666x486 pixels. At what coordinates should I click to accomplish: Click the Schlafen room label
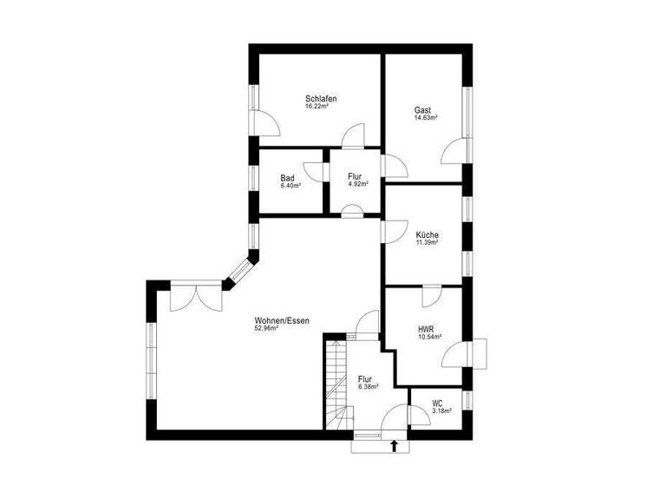(x=321, y=99)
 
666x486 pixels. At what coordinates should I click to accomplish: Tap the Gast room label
(x=423, y=110)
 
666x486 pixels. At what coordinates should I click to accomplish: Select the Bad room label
(x=287, y=178)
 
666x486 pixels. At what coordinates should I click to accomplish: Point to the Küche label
(x=427, y=235)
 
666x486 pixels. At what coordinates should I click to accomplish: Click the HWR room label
(x=426, y=329)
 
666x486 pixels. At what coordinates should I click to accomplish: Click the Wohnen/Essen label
(x=282, y=321)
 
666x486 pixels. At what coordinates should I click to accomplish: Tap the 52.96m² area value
(x=265, y=330)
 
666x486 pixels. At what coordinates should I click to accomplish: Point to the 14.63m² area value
(x=426, y=118)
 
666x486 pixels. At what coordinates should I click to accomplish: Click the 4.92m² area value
(x=358, y=185)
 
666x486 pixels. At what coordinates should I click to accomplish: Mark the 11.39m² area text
(x=427, y=243)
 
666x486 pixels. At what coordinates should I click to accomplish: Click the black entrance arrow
(x=395, y=446)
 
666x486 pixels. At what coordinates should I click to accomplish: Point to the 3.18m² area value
(x=442, y=411)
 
